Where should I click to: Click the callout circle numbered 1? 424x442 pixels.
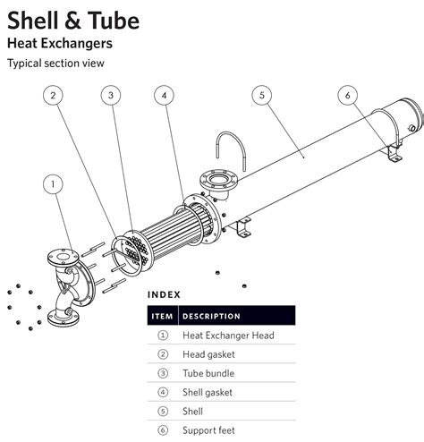point(55,184)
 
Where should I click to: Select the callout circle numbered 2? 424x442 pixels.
point(55,95)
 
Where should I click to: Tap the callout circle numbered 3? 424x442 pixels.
point(110,95)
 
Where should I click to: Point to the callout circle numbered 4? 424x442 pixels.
point(164,95)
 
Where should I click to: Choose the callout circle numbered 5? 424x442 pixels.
point(261,95)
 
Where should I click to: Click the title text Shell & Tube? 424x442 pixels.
point(73,18)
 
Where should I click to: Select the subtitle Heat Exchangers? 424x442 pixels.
point(60,42)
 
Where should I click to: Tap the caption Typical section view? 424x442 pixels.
point(55,63)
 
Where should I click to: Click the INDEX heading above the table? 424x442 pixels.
point(164,294)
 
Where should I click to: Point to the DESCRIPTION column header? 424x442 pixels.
point(211,316)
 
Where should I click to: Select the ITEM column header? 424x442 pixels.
point(162,316)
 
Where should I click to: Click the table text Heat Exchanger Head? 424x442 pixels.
point(228,336)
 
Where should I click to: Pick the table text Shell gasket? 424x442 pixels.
point(208,392)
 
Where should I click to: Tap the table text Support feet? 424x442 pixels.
point(209,430)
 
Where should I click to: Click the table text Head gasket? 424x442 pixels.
point(209,354)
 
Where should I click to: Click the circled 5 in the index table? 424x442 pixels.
point(163,412)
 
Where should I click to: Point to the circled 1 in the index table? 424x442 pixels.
point(163,336)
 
